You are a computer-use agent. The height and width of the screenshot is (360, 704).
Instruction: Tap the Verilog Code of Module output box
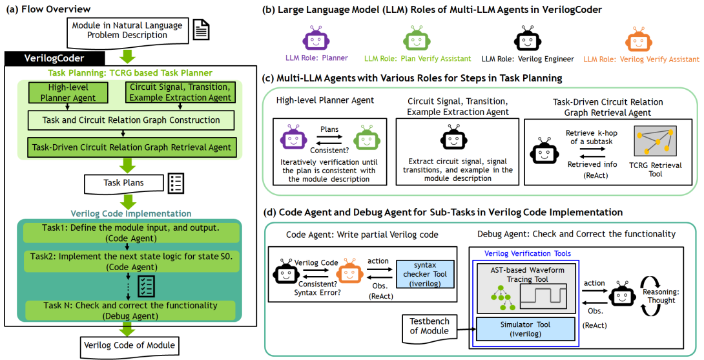(x=129, y=344)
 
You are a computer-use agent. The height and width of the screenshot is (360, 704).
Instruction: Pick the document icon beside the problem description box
(x=201, y=30)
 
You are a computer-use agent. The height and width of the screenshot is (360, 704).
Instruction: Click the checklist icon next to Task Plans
(x=176, y=184)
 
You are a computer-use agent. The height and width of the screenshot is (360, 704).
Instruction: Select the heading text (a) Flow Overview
(x=48, y=8)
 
